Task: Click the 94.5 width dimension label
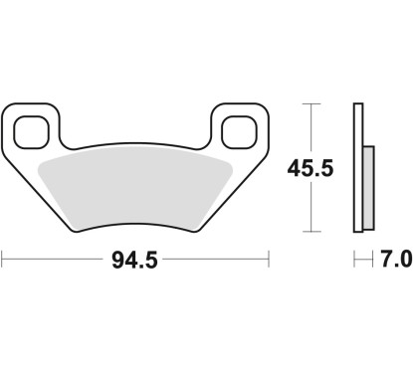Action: pyautogui.click(x=136, y=261)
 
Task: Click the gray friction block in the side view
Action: pyautogui.click(x=366, y=185)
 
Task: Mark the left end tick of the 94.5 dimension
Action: pyautogui.click(x=3, y=261)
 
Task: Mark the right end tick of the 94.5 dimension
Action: pyautogui.click(x=270, y=261)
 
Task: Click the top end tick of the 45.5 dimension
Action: pyautogui.click(x=314, y=103)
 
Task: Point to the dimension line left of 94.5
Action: pyautogui.click(x=55, y=261)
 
